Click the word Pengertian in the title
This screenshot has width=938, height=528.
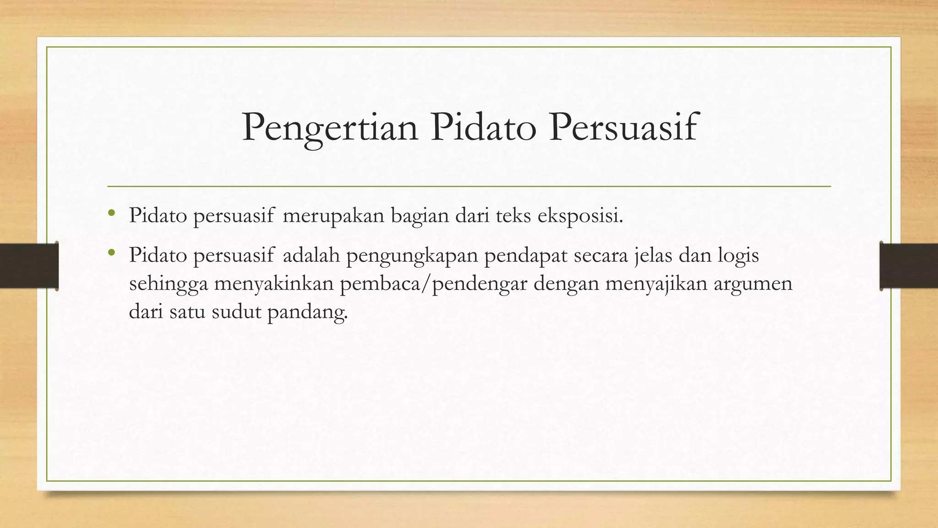click(330, 127)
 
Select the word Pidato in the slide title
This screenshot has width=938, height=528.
click(483, 126)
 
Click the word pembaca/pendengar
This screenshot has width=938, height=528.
click(433, 284)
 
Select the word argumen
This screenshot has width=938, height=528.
click(753, 284)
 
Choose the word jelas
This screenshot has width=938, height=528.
click(653, 256)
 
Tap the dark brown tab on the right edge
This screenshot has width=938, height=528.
click(909, 266)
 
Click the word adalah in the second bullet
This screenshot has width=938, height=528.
click(311, 256)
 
